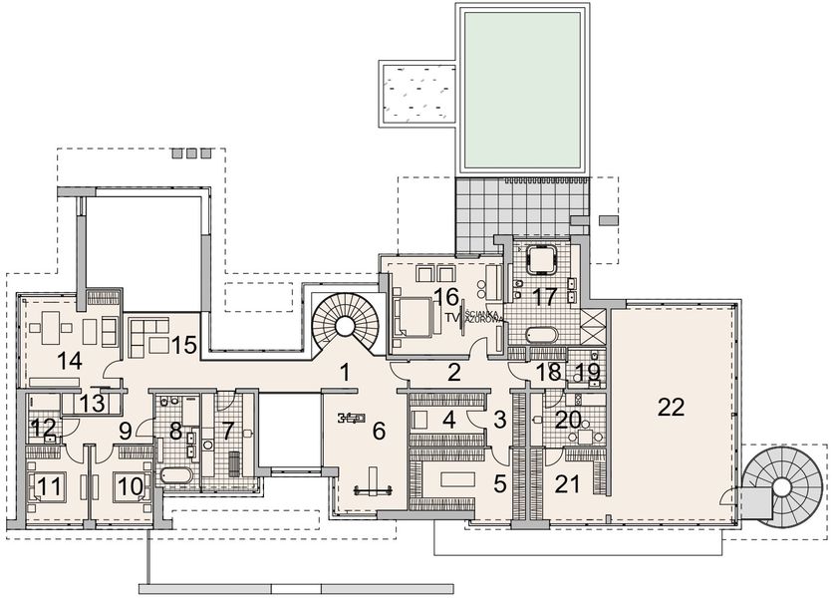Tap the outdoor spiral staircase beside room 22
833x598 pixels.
[781, 486]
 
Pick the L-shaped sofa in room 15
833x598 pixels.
[149, 335]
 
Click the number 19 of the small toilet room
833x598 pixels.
[589, 372]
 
